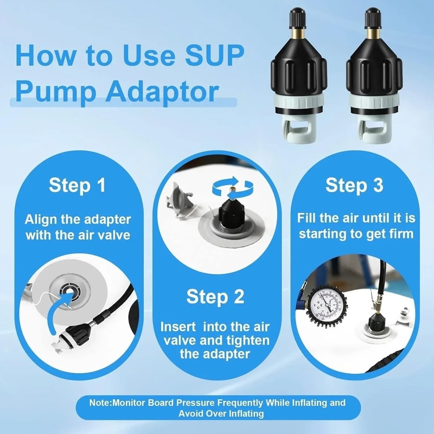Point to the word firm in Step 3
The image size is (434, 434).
(x=401, y=234)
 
